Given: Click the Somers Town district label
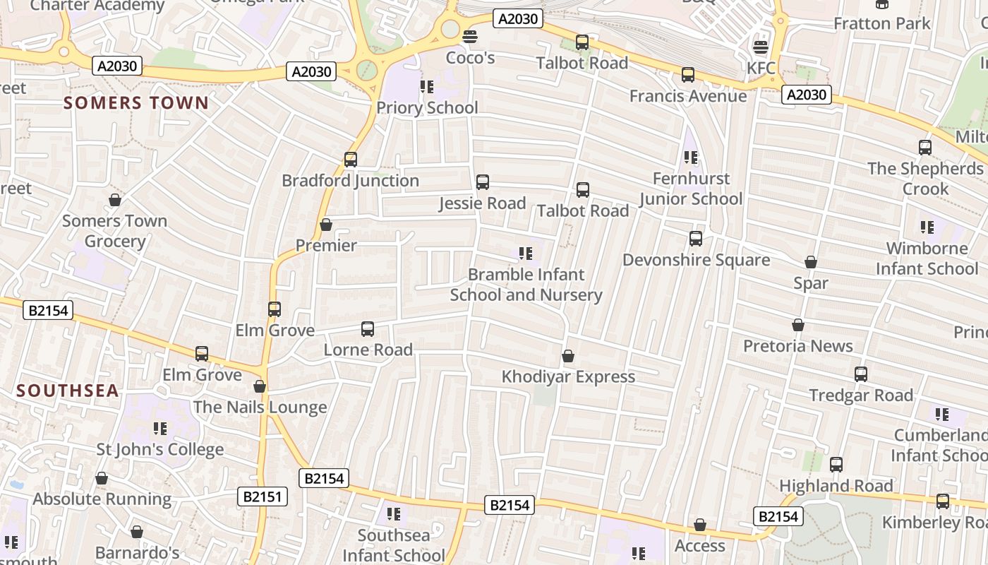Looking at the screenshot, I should tap(136, 103).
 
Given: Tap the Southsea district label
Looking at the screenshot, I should tap(68, 391).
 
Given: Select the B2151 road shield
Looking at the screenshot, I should tap(262, 496).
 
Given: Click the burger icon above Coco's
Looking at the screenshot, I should tap(470, 36).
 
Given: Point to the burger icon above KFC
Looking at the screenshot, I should tap(760, 47).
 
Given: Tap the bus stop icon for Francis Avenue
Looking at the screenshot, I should tap(688, 74).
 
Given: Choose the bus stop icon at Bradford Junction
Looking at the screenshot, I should tap(351, 160).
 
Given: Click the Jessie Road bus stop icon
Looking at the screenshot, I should tap(483, 182).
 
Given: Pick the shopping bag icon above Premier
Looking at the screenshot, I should tap(326, 225).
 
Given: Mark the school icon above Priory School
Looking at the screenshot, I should tap(427, 87).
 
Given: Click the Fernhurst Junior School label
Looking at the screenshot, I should tap(691, 189).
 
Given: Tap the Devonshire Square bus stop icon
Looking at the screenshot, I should tap(696, 239).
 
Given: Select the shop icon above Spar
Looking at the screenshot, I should tap(811, 262).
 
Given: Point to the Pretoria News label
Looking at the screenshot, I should tap(798, 346).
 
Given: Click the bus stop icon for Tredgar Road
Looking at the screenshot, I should tap(861, 374).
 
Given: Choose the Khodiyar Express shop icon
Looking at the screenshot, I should tap(568, 356).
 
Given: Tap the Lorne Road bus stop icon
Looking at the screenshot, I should tap(368, 328).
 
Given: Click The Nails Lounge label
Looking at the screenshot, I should tap(260, 407).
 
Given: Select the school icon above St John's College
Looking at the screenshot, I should tap(160, 428).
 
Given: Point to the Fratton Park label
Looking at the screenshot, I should tap(882, 23).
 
